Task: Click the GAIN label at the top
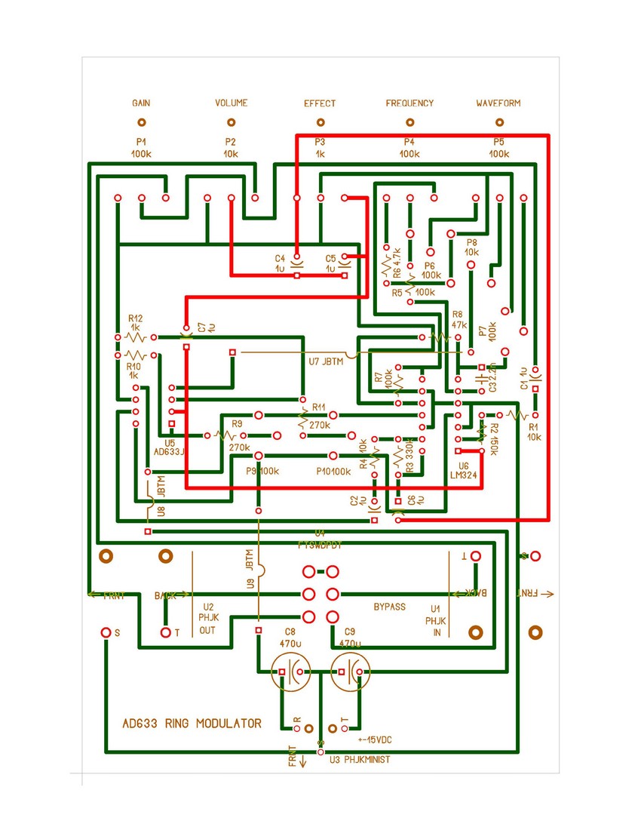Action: (x=141, y=103)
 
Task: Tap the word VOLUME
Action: (x=231, y=103)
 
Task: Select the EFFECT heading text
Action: (x=320, y=103)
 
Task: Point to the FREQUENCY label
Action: (x=409, y=103)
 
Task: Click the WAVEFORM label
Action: (x=498, y=103)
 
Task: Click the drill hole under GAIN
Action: (x=141, y=122)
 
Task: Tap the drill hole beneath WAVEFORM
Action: (x=498, y=122)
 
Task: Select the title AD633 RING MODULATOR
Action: (x=192, y=724)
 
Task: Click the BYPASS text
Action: (x=390, y=607)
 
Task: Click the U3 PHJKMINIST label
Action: (x=360, y=759)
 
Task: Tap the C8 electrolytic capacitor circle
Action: (x=290, y=670)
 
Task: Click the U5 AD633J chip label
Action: (x=170, y=447)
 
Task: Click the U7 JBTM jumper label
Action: (x=325, y=361)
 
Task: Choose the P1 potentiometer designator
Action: (x=141, y=142)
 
